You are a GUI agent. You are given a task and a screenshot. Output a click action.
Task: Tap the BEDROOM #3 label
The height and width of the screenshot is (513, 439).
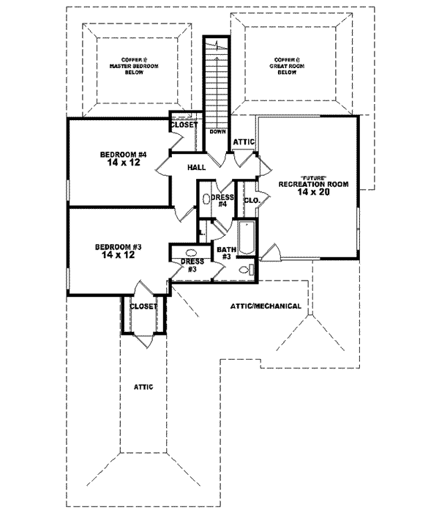[119, 247]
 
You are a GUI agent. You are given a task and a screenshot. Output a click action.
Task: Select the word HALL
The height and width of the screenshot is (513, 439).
[196, 168]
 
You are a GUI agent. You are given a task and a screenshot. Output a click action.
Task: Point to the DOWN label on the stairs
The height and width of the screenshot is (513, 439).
[217, 132]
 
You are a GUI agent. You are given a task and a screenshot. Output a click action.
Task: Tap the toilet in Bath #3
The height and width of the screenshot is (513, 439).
[244, 271]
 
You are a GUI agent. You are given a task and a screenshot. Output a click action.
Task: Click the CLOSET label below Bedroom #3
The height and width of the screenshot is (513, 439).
[143, 306]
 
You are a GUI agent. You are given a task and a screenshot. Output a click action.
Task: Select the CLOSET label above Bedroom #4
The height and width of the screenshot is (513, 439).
[184, 125]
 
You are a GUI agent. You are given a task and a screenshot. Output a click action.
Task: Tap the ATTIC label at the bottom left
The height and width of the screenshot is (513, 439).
[143, 386]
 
